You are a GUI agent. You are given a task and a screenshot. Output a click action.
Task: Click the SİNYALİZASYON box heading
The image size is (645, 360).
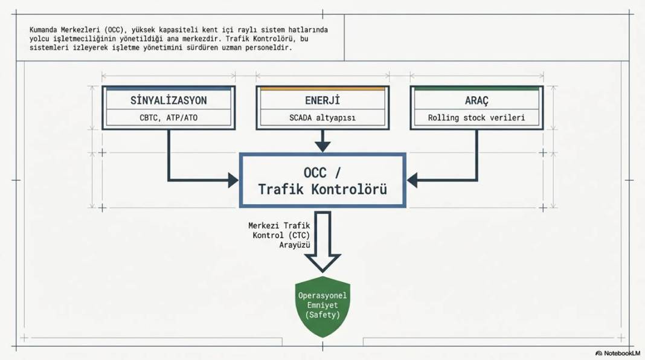168,100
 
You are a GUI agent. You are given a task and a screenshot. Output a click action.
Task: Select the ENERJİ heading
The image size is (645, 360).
322,100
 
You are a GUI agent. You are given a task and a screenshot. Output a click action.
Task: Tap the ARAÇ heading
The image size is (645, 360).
477,101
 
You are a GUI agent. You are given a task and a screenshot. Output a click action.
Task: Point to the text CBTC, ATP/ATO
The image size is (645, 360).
168,118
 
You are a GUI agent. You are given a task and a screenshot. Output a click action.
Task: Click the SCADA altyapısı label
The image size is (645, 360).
322,118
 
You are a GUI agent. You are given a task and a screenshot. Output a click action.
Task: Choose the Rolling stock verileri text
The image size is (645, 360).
477,118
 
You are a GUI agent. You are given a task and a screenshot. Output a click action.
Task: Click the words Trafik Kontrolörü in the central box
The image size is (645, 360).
322,189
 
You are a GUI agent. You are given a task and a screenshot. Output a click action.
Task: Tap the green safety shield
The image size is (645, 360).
323,306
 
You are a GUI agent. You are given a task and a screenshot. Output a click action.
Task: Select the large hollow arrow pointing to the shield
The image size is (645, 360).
323,242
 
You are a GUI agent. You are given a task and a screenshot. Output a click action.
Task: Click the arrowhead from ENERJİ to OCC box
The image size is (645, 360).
322,146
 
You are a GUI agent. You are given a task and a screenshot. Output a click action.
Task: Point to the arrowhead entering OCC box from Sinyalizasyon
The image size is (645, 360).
233,180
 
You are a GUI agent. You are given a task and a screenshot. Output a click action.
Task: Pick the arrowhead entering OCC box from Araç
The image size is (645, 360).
412,180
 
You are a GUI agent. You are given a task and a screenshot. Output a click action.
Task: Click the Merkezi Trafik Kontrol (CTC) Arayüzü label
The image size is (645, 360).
279,236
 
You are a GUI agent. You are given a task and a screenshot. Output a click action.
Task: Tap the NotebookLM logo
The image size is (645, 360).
618,353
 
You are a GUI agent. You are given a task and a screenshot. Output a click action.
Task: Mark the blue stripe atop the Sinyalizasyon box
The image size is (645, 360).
168,88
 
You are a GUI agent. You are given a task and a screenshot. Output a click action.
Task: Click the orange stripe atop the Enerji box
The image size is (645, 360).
322,88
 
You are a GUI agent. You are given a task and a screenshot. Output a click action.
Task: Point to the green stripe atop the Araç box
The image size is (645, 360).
477,88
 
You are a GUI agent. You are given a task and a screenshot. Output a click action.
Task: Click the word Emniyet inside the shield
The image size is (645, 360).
323,305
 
